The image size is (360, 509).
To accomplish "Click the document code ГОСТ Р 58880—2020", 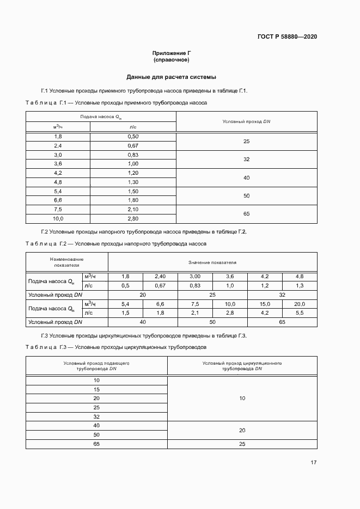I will [287, 36].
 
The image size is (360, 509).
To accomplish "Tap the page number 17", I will [313, 463].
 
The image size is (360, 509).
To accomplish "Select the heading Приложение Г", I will [171, 53].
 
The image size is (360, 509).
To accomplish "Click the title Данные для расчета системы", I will [171, 77].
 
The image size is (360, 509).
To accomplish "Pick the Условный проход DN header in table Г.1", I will [246, 121].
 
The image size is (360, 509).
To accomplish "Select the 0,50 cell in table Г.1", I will [133, 136].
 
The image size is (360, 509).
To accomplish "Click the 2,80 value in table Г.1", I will [133, 218].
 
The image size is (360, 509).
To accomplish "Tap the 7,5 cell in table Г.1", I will [58, 209].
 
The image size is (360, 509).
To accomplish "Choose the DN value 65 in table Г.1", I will [246, 214].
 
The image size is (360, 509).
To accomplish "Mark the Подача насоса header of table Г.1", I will [101, 117].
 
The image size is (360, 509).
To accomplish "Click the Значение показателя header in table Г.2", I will [212, 262].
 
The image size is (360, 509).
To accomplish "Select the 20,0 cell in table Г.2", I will [300, 304].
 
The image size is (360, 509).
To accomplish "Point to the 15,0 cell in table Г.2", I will [265, 304].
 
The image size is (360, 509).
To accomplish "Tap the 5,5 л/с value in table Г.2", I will [300, 313].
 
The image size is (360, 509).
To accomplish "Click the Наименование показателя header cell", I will [66, 262].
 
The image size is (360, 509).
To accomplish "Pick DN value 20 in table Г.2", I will [143, 295].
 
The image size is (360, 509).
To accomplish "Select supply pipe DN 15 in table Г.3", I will [97, 389].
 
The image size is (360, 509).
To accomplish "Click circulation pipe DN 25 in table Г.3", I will [242, 444].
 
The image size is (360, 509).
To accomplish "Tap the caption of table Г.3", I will [116, 347].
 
